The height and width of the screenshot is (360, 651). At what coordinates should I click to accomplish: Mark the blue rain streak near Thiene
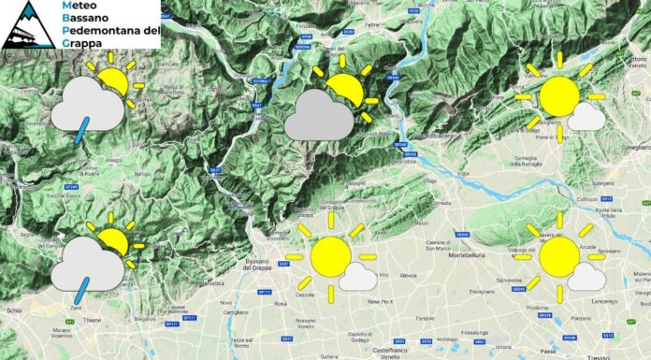(x=73, y=297)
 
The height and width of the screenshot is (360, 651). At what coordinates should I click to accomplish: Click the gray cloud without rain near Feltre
(x=319, y=119)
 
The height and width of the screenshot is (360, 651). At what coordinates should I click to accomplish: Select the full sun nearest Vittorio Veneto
(x=559, y=96)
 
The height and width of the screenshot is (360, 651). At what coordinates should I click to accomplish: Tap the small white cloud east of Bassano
(x=358, y=276)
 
